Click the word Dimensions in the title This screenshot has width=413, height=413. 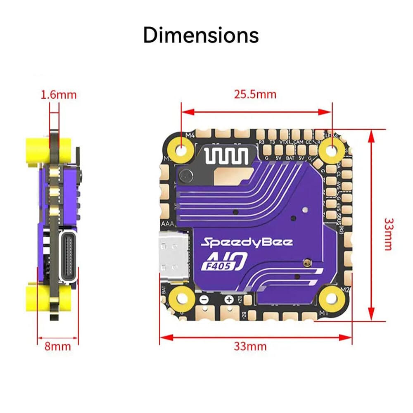201,36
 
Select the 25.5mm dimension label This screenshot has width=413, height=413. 255,95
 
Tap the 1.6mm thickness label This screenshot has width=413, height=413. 58,95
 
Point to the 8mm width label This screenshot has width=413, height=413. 58,346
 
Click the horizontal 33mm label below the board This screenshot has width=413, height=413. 250,346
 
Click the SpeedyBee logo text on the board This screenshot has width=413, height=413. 247,242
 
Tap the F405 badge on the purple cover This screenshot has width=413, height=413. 216,266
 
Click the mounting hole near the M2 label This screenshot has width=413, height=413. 330,297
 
